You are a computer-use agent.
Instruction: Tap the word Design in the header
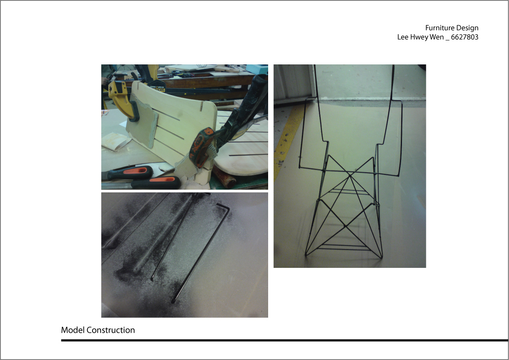coord(468,28)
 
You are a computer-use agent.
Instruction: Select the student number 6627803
coord(465,37)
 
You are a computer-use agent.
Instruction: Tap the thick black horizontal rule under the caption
coord(285,340)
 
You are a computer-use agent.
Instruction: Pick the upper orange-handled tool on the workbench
coord(130,172)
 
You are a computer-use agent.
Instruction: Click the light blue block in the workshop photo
coord(257,69)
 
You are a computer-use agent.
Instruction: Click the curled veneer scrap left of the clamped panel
coord(115,141)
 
